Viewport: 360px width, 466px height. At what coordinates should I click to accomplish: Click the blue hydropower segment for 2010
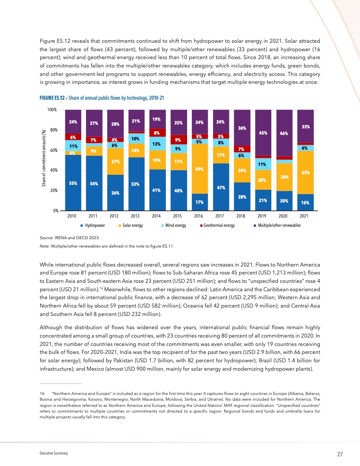pos(72,183)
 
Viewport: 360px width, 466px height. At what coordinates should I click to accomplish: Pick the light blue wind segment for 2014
pos(156,143)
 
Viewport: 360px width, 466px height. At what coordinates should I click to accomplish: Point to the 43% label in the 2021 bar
pos(305,173)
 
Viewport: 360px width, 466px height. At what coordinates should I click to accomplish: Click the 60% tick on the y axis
pos(54,150)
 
